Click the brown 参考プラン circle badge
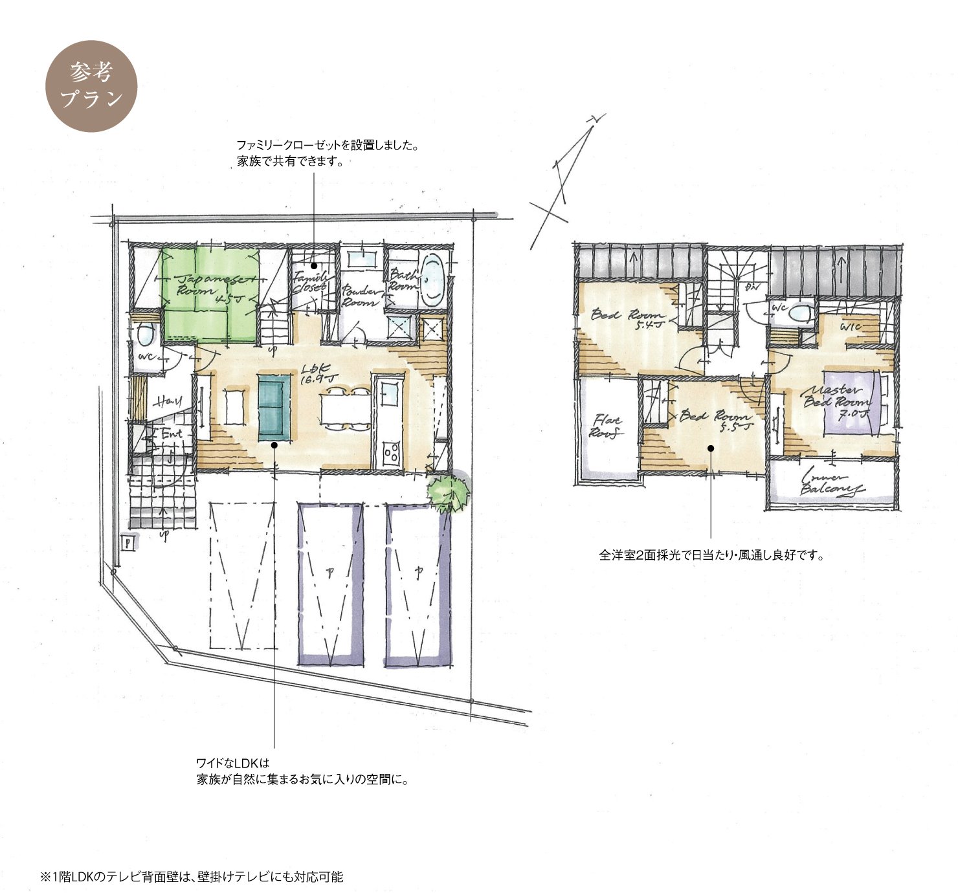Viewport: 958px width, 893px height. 91,86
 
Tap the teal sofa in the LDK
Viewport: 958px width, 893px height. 274,407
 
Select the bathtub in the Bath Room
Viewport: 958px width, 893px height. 432,279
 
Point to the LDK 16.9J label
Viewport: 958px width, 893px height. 318,373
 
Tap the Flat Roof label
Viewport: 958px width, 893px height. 606,426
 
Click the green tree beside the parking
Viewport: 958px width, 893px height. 449,493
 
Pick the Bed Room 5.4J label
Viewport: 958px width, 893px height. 628,318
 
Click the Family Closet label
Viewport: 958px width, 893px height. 310,281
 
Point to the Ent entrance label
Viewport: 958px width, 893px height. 171,434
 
